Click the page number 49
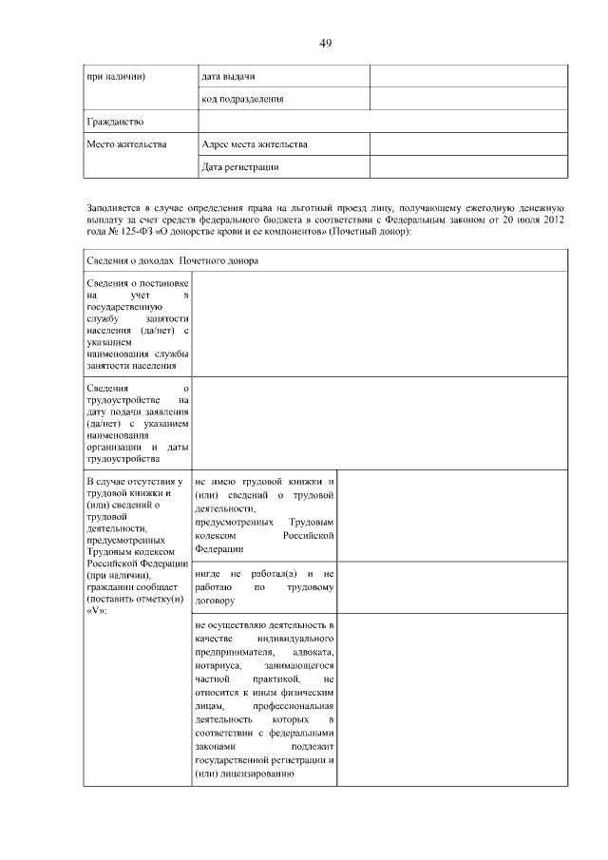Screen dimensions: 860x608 pyautogui.click(x=325, y=43)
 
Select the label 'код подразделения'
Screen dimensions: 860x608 pyautogui.click(x=243, y=98)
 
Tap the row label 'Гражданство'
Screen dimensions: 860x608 pyautogui.click(x=115, y=122)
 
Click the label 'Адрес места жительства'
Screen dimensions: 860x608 pyautogui.click(x=255, y=144)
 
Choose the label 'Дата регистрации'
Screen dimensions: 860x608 pyautogui.click(x=240, y=167)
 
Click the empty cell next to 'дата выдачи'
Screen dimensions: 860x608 pyautogui.click(x=468, y=75)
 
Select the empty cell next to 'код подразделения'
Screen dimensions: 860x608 pyautogui.click(x=468, y=98)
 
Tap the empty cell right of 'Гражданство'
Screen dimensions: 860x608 pyautogui.click(x=383, y=122)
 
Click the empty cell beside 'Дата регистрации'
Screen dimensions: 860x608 pyautogui.click(x=468, y=167)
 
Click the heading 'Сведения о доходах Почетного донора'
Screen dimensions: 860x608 pyautogui.click(x=173, y=260)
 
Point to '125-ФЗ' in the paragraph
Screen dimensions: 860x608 pyautogui.click(x=133, y=232)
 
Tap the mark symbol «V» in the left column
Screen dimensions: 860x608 pyautogui.click(x=96, y=610)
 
